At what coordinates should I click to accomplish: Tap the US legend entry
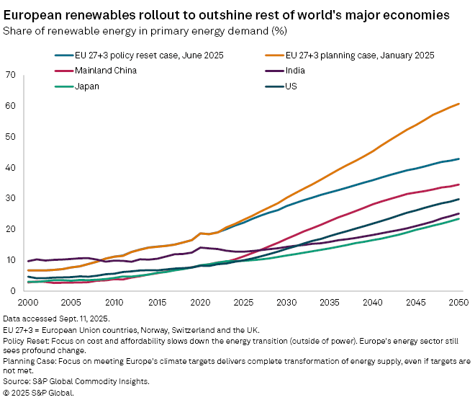pos(291,86)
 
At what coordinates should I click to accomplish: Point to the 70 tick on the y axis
pos(10,75)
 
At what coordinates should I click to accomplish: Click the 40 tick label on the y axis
pos(10,167)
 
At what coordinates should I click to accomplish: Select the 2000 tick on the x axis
pos(29,303)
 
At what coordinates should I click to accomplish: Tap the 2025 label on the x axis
pos(244,303)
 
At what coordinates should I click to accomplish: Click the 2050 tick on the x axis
pos(459,303)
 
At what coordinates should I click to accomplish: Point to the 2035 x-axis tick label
pos(330,303)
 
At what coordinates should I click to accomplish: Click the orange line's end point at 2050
pos(459,104)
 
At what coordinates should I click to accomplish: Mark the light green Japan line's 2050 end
pos(459,218)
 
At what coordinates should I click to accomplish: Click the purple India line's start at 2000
pos(29,261)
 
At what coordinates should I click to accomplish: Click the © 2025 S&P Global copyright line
pos(39,393)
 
